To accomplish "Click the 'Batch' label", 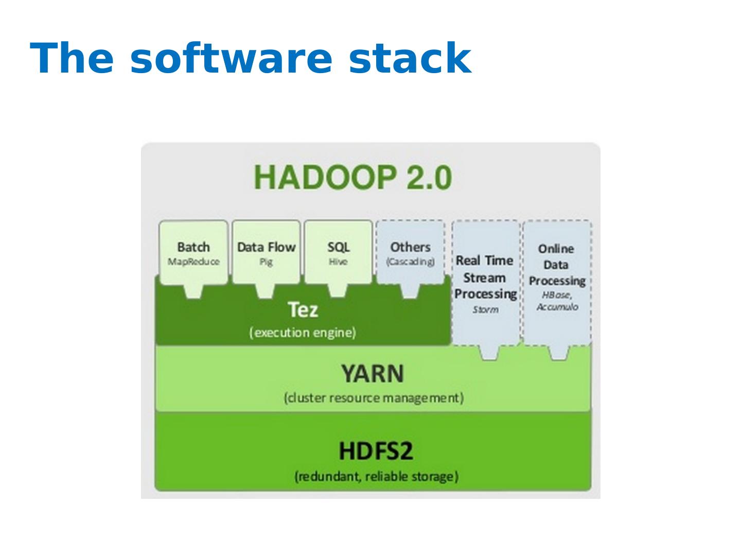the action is coord(193,247).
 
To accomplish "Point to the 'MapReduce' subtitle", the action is coord(193,262).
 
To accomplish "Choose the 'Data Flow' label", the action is coord(267,247).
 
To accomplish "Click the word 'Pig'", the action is coord(266,263).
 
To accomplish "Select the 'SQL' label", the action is coord(338,248).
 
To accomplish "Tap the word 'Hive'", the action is coord(338,262).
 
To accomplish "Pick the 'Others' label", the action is coord(410,247).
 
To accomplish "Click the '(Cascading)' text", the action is coord(410,262).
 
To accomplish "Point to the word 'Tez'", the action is coord(303,309).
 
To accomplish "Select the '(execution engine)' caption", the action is coord(303,333).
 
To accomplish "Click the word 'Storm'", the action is coord(485,309).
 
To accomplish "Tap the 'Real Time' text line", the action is coord(484,260).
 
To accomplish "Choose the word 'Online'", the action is coord(556,249).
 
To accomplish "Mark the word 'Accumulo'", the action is coord(557,307).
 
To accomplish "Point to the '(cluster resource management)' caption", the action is coord(374,398).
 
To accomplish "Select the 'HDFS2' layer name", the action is coord(376,451).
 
